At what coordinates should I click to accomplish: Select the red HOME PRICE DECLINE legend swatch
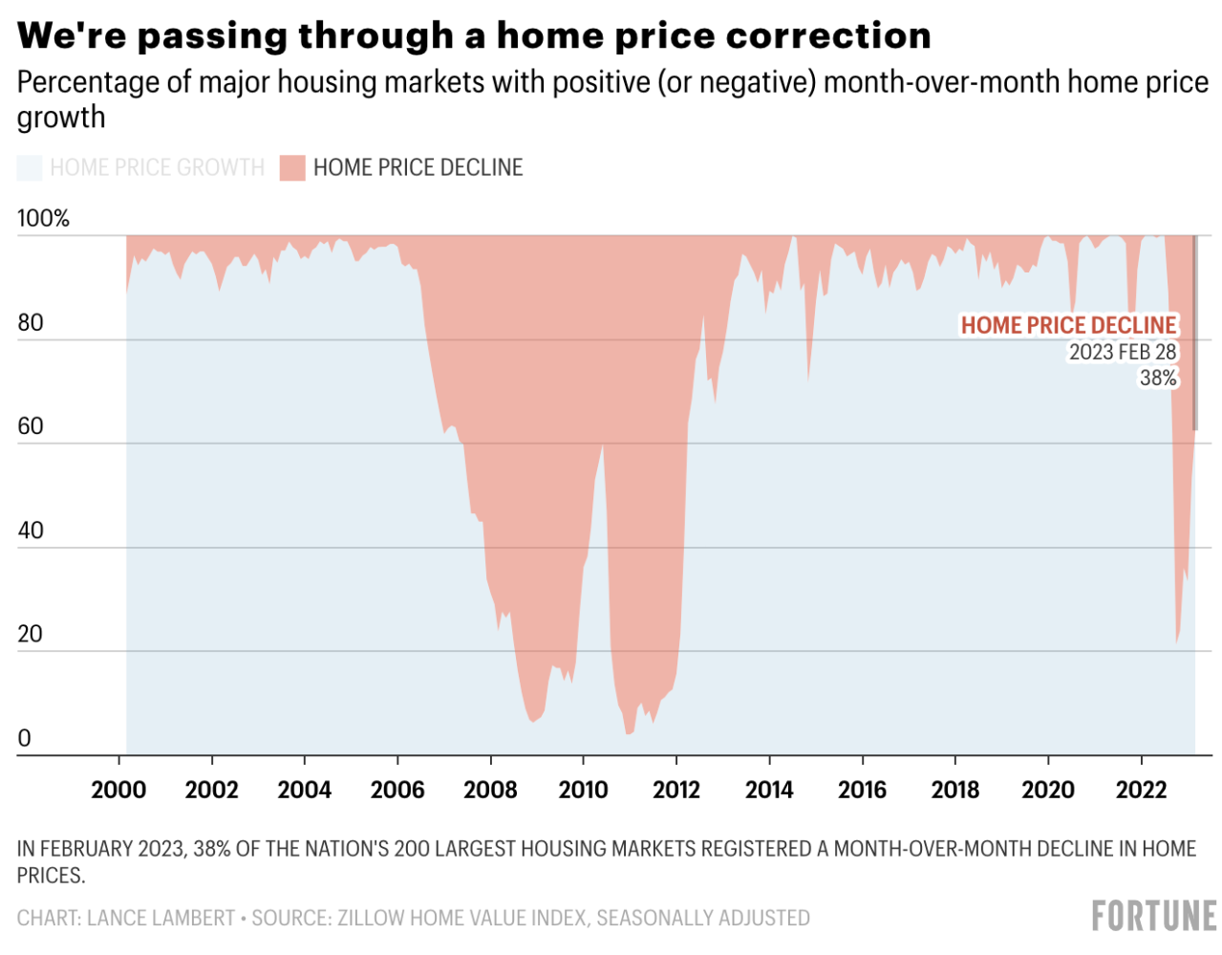291,168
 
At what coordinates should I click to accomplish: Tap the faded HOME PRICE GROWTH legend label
157,168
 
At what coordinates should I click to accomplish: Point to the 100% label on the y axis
43,219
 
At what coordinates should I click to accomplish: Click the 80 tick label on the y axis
31,323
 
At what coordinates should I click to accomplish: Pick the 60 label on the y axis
31,426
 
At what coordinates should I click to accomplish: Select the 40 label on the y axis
31,531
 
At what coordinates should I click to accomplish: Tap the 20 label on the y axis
31,634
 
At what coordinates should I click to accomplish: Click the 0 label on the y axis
24,738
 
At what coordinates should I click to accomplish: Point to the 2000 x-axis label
118,791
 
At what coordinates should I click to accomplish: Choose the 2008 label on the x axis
490,791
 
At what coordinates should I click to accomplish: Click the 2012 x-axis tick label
676,791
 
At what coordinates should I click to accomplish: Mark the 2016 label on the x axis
862,791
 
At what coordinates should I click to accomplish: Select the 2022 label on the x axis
1141,791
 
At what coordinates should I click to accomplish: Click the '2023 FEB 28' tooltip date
1122,353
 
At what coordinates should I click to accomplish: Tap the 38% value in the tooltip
1158,379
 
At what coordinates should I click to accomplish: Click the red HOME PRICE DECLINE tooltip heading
1068,326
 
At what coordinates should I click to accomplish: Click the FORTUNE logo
1154,916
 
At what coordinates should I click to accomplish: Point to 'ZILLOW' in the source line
369,919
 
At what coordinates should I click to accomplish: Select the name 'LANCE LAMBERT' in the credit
161,919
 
